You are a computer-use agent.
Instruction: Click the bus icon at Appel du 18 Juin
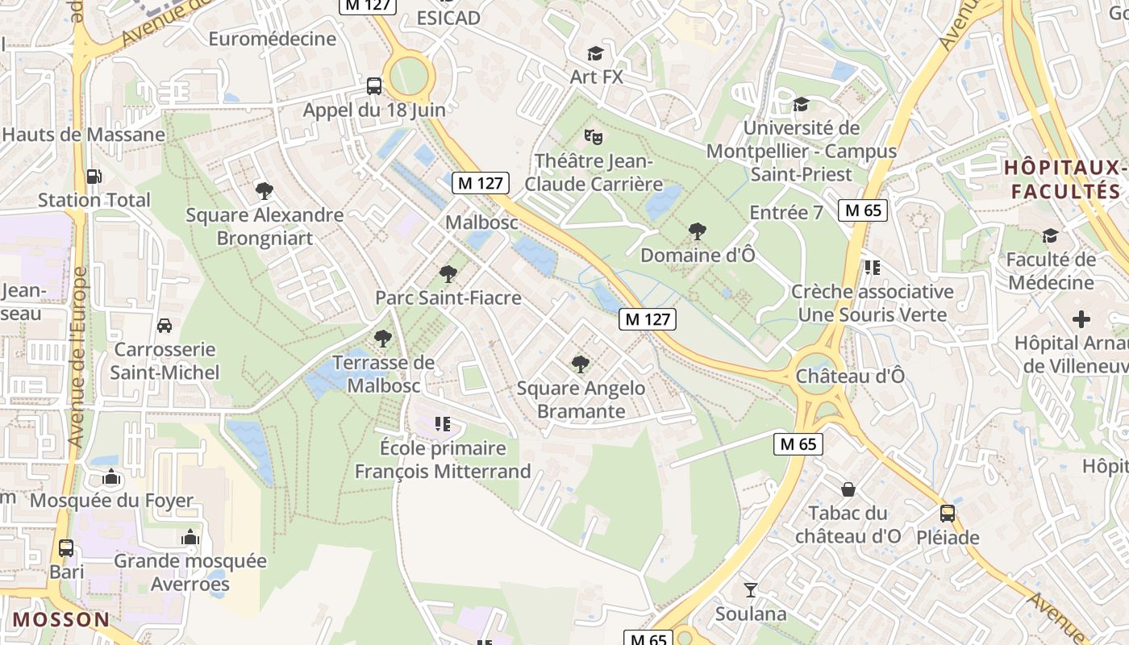[374, 85]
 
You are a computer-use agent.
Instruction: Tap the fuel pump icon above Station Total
[94, 176]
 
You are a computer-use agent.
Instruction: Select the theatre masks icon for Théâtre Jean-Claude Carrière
[594, 136]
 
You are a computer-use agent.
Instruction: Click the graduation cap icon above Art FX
[595, 53]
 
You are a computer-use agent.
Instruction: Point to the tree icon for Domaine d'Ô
[698, 231]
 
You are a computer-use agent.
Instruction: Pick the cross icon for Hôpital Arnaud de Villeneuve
[1081, 319]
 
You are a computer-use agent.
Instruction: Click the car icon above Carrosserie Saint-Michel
[165, 326]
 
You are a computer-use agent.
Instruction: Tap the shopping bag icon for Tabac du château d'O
[848, 489]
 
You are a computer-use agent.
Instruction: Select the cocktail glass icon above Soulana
[751, 590]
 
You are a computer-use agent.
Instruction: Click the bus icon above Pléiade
[948, 514]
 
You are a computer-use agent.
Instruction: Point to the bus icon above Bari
[66, 548]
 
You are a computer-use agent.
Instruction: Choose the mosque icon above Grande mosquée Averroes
[190, 537]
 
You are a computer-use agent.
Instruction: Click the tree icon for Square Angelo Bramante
[580, 364]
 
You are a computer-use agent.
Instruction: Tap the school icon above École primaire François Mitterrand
[442, 424]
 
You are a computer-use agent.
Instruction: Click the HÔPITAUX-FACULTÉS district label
[1065, 180]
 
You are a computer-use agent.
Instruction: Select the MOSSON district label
[61, 620]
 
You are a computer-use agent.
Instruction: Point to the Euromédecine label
[273, 39]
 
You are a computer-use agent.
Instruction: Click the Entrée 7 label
[786, 213]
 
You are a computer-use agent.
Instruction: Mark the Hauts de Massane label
[84, 135]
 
